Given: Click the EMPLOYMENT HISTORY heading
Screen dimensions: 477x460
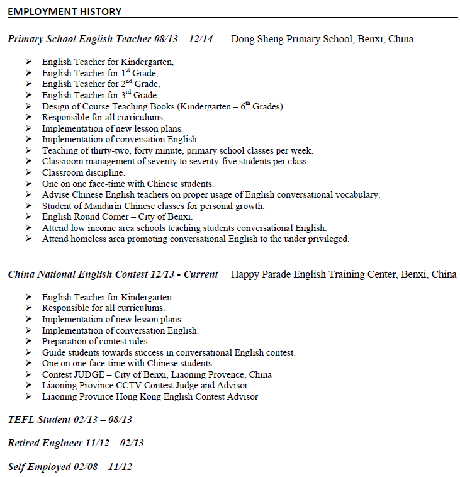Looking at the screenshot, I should [x=64, y=11].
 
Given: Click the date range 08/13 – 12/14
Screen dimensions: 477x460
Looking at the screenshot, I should [x=183, y=39].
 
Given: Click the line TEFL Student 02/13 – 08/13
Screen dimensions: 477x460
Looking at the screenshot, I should [x=70, y=420].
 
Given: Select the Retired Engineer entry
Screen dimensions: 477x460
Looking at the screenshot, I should [x=76, y=443].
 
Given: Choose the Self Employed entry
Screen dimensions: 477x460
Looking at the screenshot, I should [x=70, y=466].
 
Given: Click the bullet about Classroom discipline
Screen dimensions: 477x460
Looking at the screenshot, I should [x=83, y=172].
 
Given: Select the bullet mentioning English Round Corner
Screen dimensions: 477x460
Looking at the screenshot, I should [x=113, y=217].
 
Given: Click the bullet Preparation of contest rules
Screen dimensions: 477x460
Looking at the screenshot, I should [x=96, y=341].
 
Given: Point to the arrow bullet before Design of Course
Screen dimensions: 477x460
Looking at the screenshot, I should [x=28, y=106].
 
